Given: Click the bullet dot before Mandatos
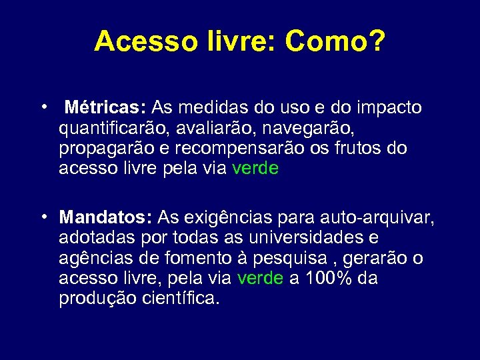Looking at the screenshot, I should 42,217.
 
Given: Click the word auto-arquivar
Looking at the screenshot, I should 377,217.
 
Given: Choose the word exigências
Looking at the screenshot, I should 223,217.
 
